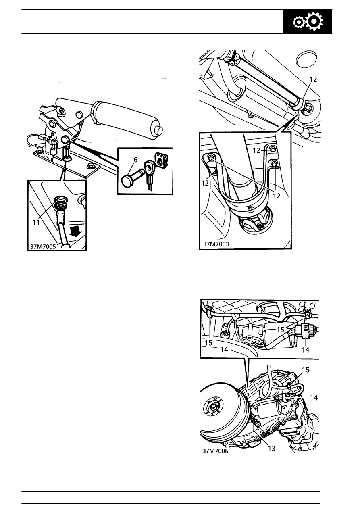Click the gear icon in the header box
(x=308, y=22)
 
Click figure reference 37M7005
(x=43, y=246)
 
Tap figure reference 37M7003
(x=216, y=244)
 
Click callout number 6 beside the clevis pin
(x=135, y=160)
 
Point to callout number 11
(x=36, y=223)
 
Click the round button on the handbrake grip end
(x=158, y=130)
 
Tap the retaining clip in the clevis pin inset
(x=162, y=160)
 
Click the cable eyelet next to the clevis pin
(x=149, y=168)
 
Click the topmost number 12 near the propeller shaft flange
(x=313, y=79)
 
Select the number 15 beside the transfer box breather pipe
(x=306, y=370)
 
